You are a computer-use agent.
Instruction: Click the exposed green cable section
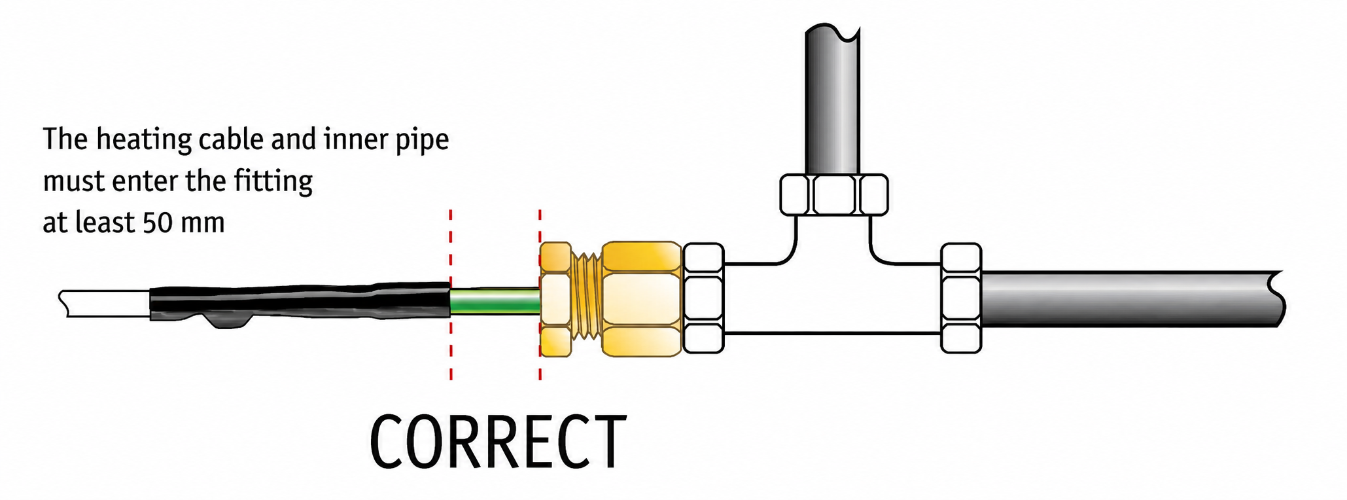click(495, 303)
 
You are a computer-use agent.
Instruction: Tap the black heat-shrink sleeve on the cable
click(300, 303)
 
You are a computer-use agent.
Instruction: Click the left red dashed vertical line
click(451, 295)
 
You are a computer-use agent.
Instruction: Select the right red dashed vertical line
click(540, 295)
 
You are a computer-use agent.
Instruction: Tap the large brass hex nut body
click(642, 299)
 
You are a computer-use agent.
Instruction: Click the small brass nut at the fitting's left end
click(556, 300)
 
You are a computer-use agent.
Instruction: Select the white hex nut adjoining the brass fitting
click(703, 298)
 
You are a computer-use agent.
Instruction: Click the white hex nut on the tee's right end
click(961, 298)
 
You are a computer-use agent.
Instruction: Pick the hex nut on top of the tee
click(834, 194)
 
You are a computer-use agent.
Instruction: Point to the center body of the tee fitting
click(832, 298)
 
